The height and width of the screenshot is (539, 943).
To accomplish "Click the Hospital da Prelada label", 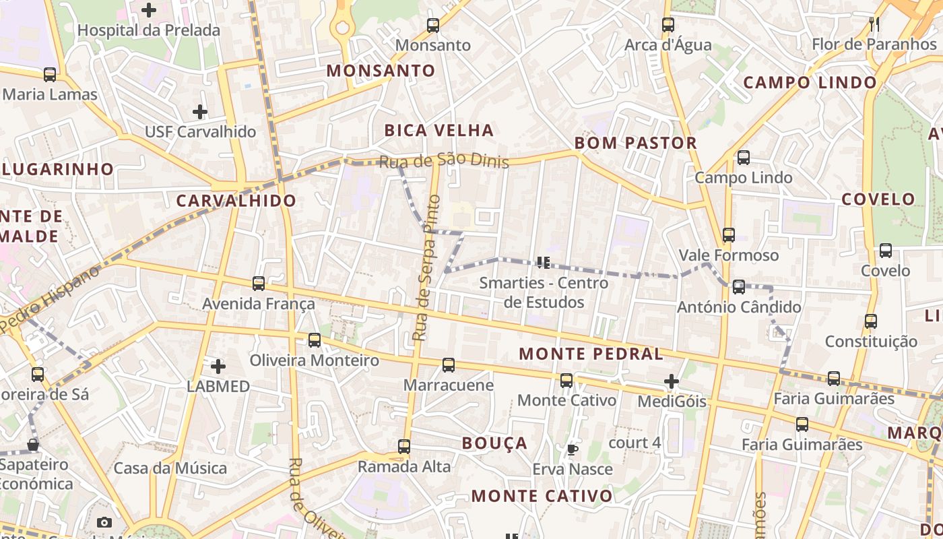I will (148, 30).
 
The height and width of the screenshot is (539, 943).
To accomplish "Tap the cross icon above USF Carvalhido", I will (200, 112).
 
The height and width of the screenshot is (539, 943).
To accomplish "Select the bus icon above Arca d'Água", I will (668, 25).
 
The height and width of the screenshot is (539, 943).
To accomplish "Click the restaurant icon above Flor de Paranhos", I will (874, 24).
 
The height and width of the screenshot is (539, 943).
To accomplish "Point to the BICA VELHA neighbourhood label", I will (439, 130).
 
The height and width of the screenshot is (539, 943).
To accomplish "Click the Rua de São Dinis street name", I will (444, 162).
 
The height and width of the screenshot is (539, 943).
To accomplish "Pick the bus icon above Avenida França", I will (259, 284).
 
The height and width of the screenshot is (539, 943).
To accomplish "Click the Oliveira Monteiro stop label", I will (314, 360).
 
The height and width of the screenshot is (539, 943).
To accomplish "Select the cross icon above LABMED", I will (218, 367).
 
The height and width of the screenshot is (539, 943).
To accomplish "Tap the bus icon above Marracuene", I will (449, 365).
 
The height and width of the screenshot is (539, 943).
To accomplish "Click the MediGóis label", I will (672, 402).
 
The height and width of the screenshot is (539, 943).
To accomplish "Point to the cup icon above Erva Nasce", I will (573, 449).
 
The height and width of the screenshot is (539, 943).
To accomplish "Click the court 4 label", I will (634, 443).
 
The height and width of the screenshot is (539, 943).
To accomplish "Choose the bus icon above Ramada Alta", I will (404, 447).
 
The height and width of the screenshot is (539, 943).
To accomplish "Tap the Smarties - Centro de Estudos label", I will (544, 292).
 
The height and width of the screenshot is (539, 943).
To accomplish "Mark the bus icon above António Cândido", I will (739, 287).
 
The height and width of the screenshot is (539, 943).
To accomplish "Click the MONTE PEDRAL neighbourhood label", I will (591, 354).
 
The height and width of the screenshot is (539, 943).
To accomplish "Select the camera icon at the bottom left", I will (104, 522).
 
